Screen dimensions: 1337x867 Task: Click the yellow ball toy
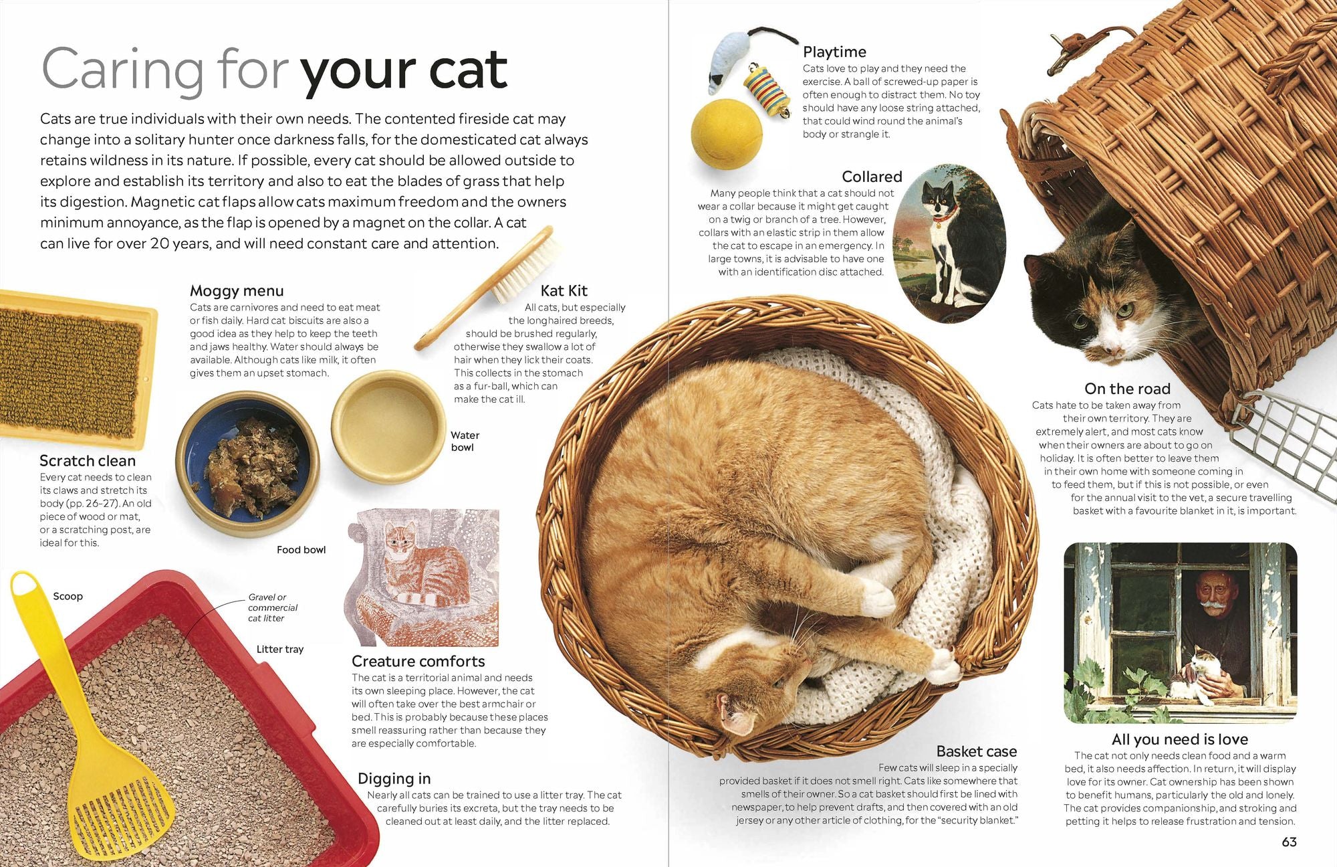click(x=727, y=134)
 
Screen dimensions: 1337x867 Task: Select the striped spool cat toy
click(x=768, y=89)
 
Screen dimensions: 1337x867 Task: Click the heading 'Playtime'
click(x=834, y=52)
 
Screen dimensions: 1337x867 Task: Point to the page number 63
click(x=1289, y=842)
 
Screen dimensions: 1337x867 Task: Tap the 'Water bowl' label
click(x=465, y=441)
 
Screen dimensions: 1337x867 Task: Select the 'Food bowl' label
click(x=301, y=550)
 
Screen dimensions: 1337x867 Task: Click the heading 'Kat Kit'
click(x=564, y=290)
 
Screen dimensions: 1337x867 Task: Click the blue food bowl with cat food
click(x=247, y=464)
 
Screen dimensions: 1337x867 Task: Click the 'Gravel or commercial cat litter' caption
click(x=273, y=607)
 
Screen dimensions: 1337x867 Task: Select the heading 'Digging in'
click(x=394, y=779)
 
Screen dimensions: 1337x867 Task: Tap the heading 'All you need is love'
click(x=1180, y=739)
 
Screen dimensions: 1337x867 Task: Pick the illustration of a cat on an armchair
click(x=423, y=577)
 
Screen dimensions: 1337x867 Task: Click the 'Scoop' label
click(x=68, y=596)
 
